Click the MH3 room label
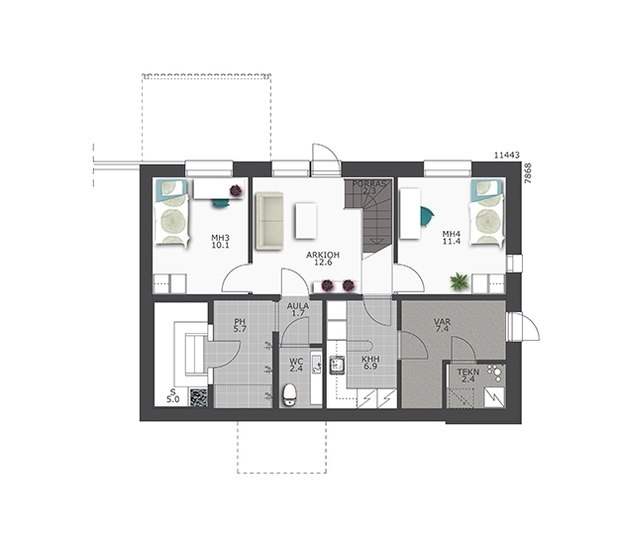coord(220,238)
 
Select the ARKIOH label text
coord(323,256)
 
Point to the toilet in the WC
coord(289,394)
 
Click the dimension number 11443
coord(507,156)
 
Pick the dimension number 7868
coord(529,173)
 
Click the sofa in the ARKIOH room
coord(269,221)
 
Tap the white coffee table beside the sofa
coord(306,220)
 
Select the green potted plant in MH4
coord(460,281)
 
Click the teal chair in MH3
coord(220,203)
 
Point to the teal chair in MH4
coord(427,216)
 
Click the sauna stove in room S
coord(198,397)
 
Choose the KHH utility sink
coord(337,365)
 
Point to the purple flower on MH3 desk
coord(236,191)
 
